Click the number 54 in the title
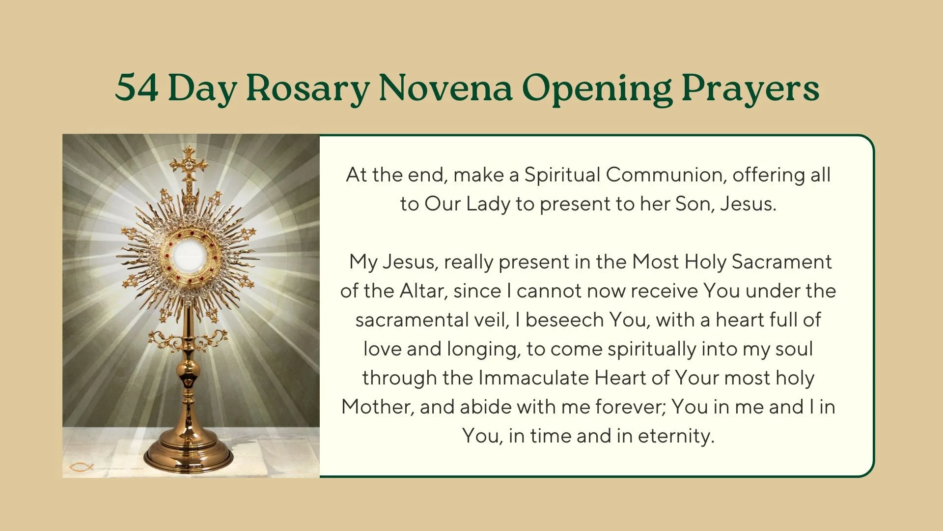pyautogui.click(x=137, y=88)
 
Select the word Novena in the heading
pyautogui.click(x=445, y=88)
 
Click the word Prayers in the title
pyautogui.click(x=750, y=88)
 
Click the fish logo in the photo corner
pyautogui.click(x=81, y=467)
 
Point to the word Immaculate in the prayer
pyautogui.click(x=533, y=378)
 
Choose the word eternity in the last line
pyautogui.click(x=676, y=436)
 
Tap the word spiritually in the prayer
pyautogui.click(x=652, y=349)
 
